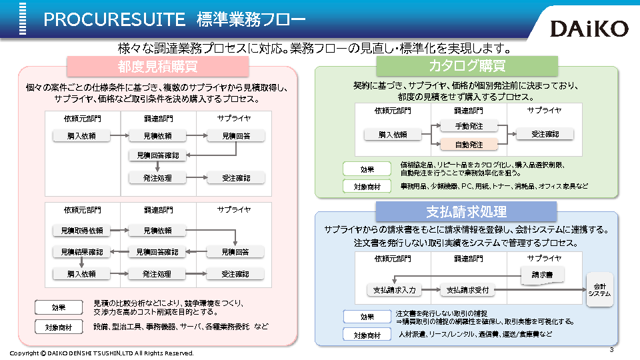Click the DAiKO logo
click(589, 28)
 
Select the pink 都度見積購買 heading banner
click(157, 66)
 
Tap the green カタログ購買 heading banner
click(467, 66)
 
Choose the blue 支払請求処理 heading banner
click(466, 212)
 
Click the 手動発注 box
click(469, 126)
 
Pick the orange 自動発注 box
click(469, 145)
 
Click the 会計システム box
click(599, 290)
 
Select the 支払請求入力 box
click(394, 290)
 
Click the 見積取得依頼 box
click(82, 231)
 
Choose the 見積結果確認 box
click(82, 252)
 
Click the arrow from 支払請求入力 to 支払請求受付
click(431, 290)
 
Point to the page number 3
click(611, 349)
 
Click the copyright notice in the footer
click(101, 353)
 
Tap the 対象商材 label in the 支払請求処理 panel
click(367, 335)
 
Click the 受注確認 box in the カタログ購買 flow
click(545, 135)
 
